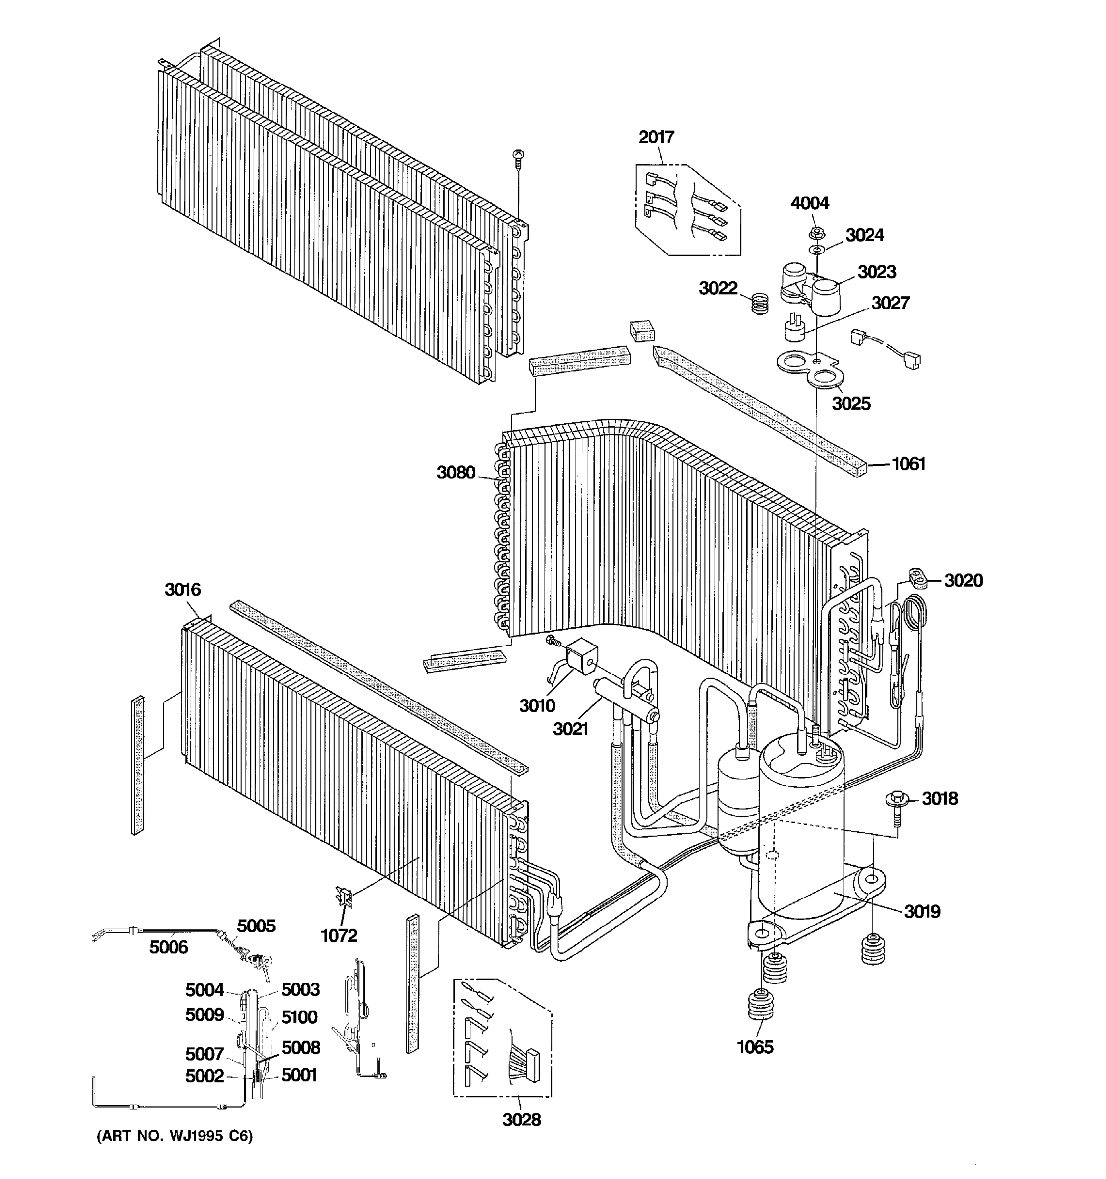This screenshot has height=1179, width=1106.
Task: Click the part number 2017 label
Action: tap(656, 138)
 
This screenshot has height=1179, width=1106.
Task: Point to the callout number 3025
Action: tap(850, 404)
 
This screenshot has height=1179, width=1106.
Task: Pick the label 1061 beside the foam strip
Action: tap(908, 464)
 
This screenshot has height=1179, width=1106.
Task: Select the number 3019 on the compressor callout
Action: tap(922, 911)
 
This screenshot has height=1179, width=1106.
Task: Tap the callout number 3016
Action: tap(182, 589)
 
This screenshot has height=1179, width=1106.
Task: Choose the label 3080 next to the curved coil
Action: tap(456, 473)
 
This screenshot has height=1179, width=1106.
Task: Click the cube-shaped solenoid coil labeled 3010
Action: tap(581, 655)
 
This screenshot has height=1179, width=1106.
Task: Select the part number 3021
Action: tap(570, 729)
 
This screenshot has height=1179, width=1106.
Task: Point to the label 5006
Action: tap(169, 947)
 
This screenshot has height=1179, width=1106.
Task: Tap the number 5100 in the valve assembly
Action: tap(299, 1018)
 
